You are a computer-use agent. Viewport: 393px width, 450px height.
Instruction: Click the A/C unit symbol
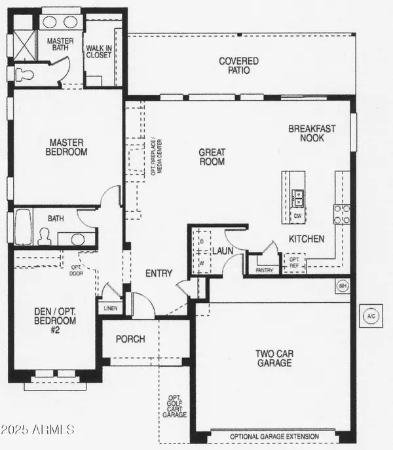point(371,317)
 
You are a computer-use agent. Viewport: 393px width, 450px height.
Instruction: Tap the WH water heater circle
point(342,286)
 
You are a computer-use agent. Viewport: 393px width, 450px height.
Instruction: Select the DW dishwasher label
point(297,215)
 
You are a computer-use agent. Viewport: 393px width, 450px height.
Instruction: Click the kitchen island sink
point(297,194)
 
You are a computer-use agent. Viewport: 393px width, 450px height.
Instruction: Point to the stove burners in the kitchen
point(341,214)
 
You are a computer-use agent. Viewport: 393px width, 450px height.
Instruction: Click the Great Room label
point(212,157)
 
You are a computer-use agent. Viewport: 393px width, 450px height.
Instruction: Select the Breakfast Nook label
point(312,134)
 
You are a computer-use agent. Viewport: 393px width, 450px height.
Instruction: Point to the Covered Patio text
point(238,66)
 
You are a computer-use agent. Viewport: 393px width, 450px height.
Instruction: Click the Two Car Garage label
point(274,358)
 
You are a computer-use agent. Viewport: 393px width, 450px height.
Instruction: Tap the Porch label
point(130,339)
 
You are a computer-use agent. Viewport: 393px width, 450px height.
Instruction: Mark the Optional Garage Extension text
point(274,436)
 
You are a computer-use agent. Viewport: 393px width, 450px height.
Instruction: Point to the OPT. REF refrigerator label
point(294,263)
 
